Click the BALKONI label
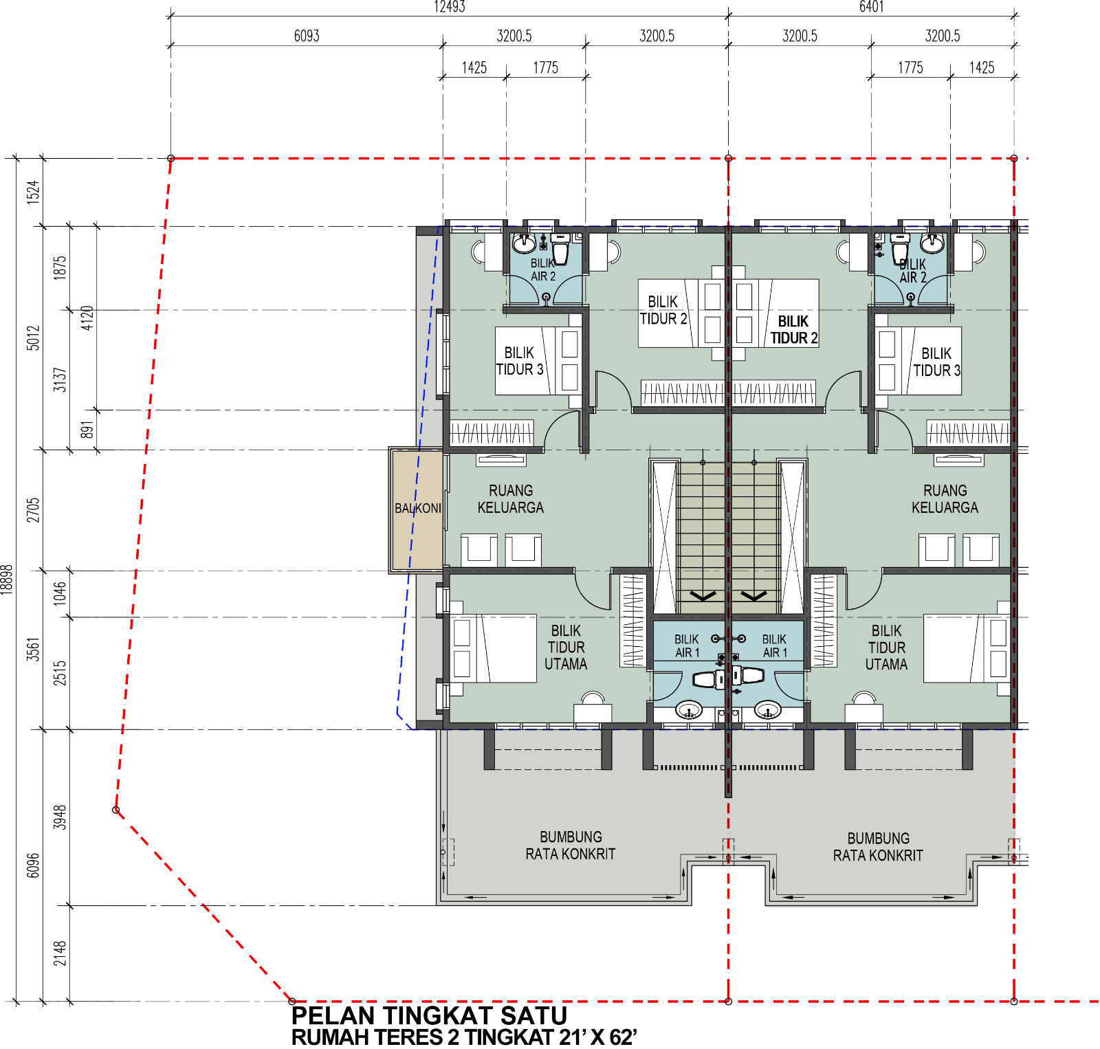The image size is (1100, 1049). pyautogui.click(x=418, y=509)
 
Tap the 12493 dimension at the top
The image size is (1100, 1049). pyautogui.click(x=450, y=7)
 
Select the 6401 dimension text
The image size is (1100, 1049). pyautogui.click(x=871, y=7)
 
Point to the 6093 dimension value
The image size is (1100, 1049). pyautogui.click(x=307, y=36)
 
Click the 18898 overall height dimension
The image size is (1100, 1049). pyautogui.click(x=7, y=579)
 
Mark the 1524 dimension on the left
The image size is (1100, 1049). pyautogui.click(x=33, y=192)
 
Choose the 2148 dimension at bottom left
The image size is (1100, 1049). pyautogui.click(x=60, y=953)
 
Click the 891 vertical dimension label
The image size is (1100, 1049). pyautogui.click(x=87, y=430)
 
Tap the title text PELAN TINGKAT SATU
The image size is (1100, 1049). pyautogui.click(x=429, y=1015)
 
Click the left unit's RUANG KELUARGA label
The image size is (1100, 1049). pyautogui.click(x=511, y=499)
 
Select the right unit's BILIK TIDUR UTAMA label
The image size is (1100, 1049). pyautogui.click(x=886, y=648)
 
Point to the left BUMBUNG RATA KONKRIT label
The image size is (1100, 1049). pyautogui.click(x=571, y=846)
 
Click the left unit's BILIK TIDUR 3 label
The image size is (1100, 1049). pyautogui.click(x=520, y=361)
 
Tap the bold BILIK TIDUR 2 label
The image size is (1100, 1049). pyautogui.click(x=794, y=330)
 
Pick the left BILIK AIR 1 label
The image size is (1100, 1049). pyautogui.click(x=687, y=646)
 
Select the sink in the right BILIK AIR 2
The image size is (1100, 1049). pyautogui.click(x=932, y=243)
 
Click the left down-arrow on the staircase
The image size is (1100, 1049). pyautogui.click(x=703, y=595)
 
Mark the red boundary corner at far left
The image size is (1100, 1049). pyautogui.click(x=116, y=810)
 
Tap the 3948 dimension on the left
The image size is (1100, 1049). pyautogui.click(x=60, y=817)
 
